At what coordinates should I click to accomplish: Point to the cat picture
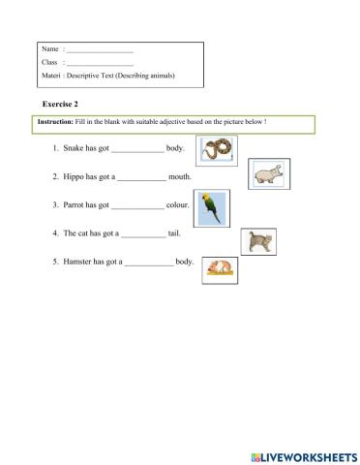[x=257, y=241]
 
